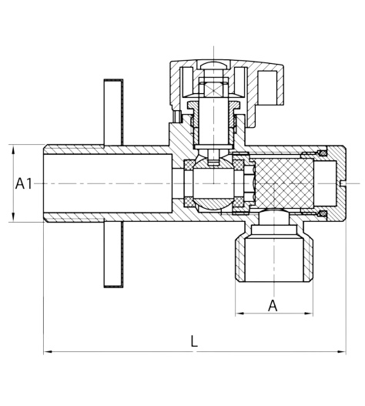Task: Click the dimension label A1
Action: [x=24, y=183]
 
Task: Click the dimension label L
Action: [x=194, y=341]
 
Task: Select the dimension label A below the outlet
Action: [x=273, y=306]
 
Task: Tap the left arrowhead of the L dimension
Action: [x=49, y=351]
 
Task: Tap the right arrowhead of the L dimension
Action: [x=341, y=351]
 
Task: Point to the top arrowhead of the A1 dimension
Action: [x=13, y=149]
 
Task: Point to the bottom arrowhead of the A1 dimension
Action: [x=13, y=216]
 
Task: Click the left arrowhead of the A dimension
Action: [x=240, y=314]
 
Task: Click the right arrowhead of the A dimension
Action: [x=308, y=314]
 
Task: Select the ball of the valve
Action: [x=213, y=183]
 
